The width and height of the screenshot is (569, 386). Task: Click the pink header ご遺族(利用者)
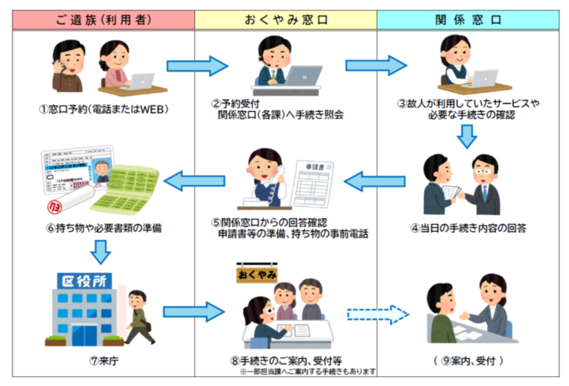click(x=104, y=21)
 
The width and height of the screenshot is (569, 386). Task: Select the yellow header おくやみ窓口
click(x=286, y=21)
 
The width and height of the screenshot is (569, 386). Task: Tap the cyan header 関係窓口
click(x=467, y=21)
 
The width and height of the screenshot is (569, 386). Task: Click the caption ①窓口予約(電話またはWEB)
click(x=104, y=111)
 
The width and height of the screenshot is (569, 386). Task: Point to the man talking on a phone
click(x=68, y=65)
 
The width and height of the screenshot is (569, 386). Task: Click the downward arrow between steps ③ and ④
click(x=467, y=136)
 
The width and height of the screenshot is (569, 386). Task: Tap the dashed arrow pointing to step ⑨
click(x=377, y=314)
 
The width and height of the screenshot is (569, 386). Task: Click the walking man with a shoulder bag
click(x=138, y=316)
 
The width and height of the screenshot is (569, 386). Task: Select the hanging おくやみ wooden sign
click(x=257, y=275)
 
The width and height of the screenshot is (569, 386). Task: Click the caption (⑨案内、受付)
click(x=467, y=361)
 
